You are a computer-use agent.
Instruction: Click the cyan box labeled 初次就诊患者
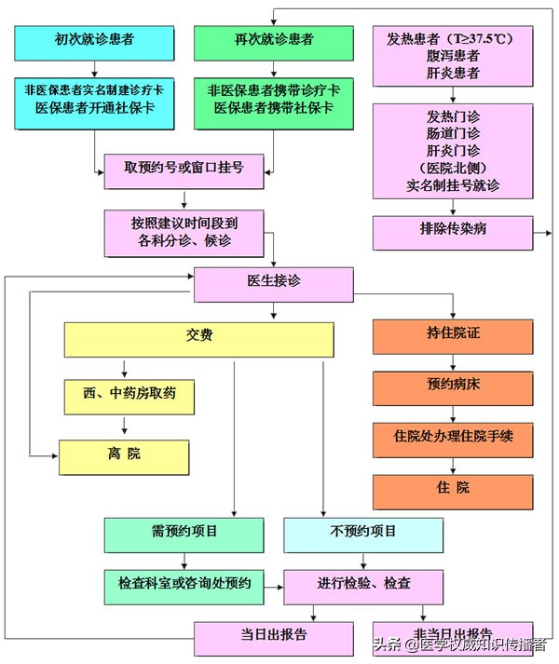95,40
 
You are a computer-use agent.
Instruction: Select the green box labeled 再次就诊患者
273,40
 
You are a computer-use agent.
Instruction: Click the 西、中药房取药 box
130,396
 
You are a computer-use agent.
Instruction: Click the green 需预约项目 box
184,534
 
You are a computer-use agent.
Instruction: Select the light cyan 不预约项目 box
362,534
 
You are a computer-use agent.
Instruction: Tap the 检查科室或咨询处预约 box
184,584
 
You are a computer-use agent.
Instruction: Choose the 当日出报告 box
273,637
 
